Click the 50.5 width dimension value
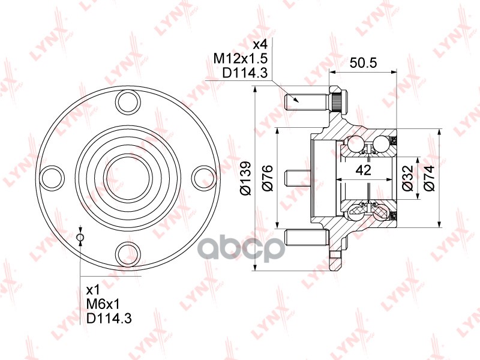coord(363,63)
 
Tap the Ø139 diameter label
coord(246,178)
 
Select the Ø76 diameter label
coord(267,178)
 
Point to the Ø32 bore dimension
coord(407,178)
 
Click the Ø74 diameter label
coord(428,178)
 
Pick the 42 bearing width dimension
coord(364,170)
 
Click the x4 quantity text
coord(260,44)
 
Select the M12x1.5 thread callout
coord(241,58)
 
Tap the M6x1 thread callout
coord(103,304)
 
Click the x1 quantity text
coord(93,289)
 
